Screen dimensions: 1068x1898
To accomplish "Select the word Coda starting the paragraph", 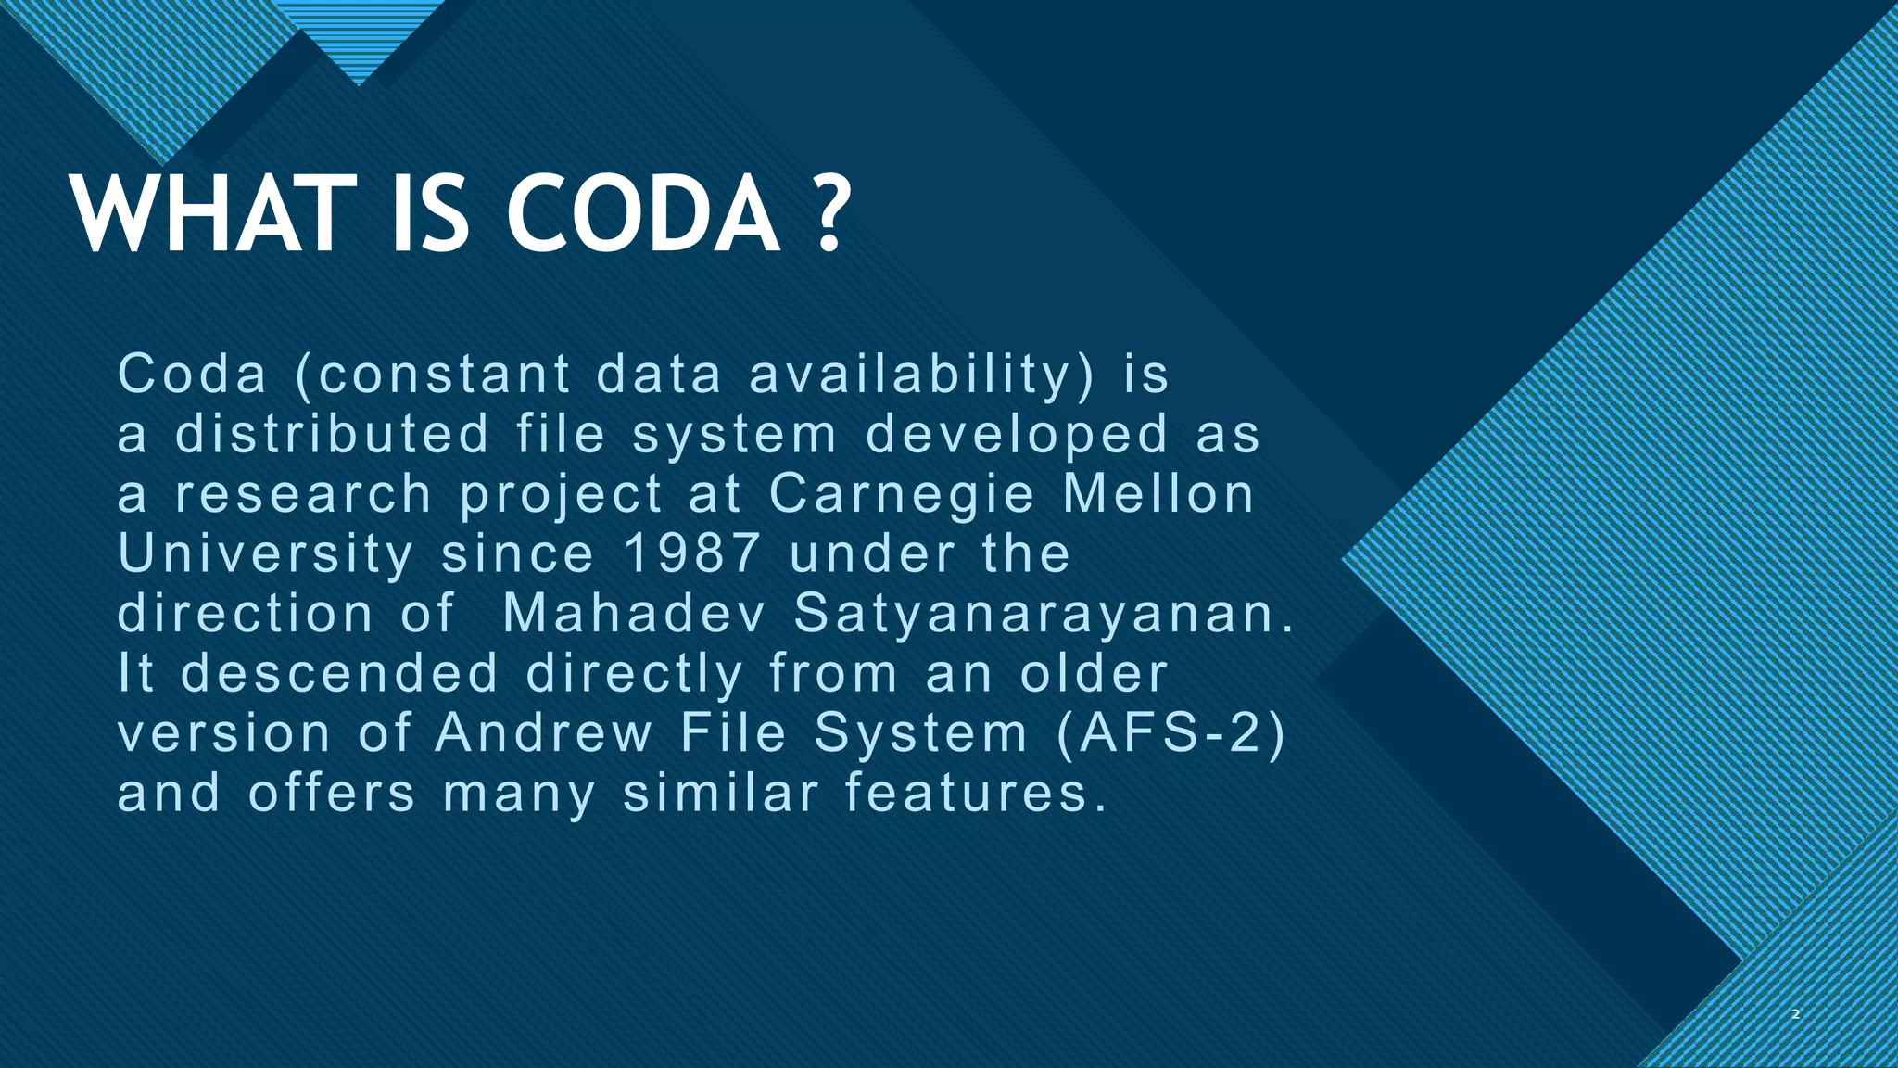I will tap(193, 375).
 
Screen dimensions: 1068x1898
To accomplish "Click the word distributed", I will tap(332, 434).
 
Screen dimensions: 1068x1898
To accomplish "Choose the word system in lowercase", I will tap(734, 436).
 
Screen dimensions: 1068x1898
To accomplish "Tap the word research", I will tap(303, 493).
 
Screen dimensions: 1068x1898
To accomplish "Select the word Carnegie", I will tap(901, 495).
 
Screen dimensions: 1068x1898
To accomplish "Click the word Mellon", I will tap(1158, 493).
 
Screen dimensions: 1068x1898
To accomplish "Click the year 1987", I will tap(692, 553).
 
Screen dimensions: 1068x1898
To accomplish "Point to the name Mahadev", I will tap(634, 613).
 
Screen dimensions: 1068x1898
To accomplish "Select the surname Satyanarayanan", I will tap(1044, 615).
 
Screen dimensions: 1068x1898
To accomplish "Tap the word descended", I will tap(340, 673).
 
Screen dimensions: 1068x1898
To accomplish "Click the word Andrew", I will tap(544, 732).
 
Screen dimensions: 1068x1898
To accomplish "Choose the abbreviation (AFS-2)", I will tap(1170, 733).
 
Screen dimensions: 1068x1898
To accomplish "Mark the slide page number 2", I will tap(1795, 1014).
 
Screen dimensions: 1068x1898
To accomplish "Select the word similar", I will tap(721, 793).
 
